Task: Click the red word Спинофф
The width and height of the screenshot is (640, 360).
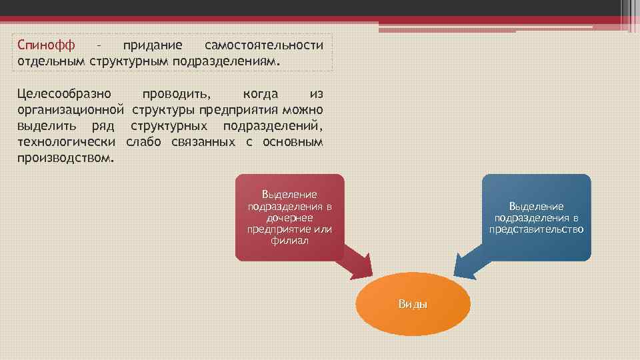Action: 46,45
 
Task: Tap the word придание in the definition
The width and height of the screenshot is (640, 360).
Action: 152,45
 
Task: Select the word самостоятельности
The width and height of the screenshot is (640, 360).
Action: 264,45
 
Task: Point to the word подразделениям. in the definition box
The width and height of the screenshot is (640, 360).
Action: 227,61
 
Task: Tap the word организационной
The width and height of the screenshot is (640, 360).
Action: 71,109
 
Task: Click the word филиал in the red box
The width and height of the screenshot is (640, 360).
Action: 289,241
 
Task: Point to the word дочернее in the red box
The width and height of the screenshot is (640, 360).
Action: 289,218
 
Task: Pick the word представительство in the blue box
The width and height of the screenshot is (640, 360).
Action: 536,229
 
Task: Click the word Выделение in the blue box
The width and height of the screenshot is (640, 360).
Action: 536,207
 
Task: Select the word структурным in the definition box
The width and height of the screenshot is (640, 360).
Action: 134,61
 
